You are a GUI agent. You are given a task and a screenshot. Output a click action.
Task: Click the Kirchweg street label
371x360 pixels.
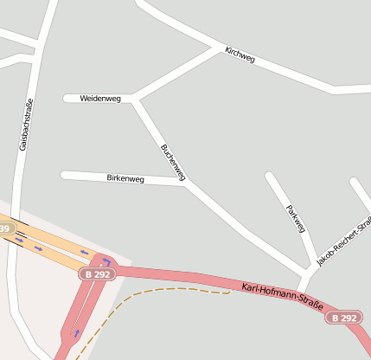click(240, 55)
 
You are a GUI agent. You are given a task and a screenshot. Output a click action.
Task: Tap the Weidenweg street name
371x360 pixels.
click(100, 99)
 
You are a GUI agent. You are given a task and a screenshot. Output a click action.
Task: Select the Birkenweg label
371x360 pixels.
click(125, 178)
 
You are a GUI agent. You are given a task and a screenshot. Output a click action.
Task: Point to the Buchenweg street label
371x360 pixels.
click(173, 162)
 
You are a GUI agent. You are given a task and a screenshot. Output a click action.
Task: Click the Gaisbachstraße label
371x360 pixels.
click(26, 125)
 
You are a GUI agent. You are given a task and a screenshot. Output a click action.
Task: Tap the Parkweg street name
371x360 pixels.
click(296, 218)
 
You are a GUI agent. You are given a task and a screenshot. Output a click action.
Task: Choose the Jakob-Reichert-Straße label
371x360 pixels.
click(341, 243)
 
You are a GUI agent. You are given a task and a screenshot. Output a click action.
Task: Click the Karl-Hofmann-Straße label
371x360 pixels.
click(282, 297)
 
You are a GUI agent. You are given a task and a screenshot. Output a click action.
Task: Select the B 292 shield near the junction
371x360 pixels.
click(96, 273)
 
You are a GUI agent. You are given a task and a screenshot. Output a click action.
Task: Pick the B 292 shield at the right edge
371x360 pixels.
click(343, 318)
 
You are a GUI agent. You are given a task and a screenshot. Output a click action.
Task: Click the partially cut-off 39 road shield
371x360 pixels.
click(5, 228)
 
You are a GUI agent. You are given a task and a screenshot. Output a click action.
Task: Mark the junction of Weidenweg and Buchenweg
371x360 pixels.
click(134, 99)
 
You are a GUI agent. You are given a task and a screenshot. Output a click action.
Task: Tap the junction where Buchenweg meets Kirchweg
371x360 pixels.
click(220, 47)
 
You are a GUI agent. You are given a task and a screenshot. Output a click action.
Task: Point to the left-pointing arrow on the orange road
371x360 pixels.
click(85, 253)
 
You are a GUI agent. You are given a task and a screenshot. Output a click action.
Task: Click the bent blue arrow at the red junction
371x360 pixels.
click(106, 260)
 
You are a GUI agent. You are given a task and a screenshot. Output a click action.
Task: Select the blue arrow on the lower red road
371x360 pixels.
click(75, 332)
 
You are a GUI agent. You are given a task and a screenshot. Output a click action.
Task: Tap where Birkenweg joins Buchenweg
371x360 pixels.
click(187, 182)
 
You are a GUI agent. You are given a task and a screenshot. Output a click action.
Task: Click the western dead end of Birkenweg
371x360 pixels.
click(64, 176)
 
